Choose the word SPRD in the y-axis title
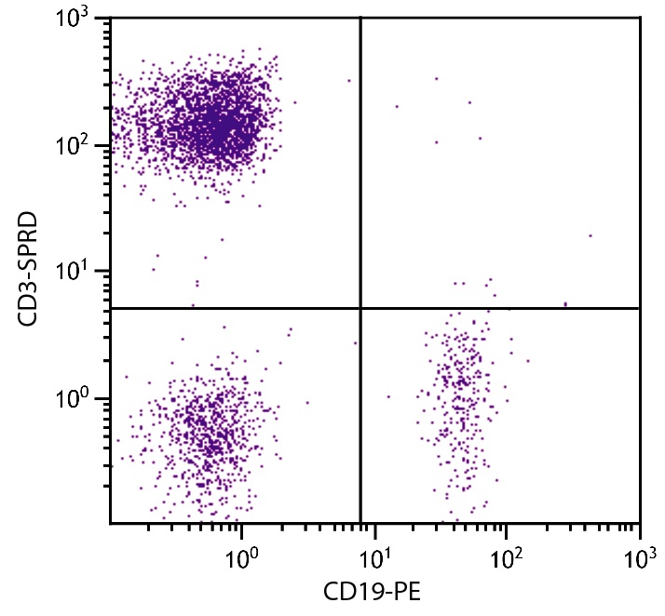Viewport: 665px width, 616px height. [x=27, y=244]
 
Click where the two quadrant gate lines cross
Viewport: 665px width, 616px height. [x=360, y=308]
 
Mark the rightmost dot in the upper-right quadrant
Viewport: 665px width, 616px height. [x=590, y=235]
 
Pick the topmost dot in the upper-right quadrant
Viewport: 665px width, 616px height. [x=436, y=78]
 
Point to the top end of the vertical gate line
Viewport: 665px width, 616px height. [x=360, y=18]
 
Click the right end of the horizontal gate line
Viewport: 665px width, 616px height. [x=639, y=308]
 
